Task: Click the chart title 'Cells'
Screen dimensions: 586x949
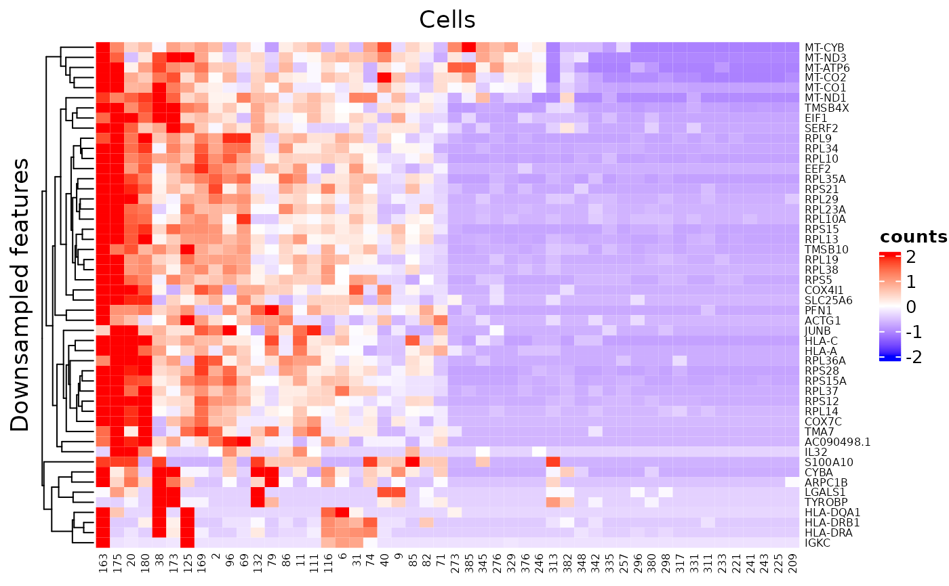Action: (x=447, y=20)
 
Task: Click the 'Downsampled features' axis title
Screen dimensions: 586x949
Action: (x=20, y=295)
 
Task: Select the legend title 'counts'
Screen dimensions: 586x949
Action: (x=913, y=237)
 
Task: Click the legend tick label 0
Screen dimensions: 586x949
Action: (x=912, y=307)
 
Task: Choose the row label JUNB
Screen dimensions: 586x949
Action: (x=817, y=330)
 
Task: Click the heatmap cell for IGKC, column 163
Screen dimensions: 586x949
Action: (x=103, y=543)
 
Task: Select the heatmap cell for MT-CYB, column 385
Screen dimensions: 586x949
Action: (x=468, y=48)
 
